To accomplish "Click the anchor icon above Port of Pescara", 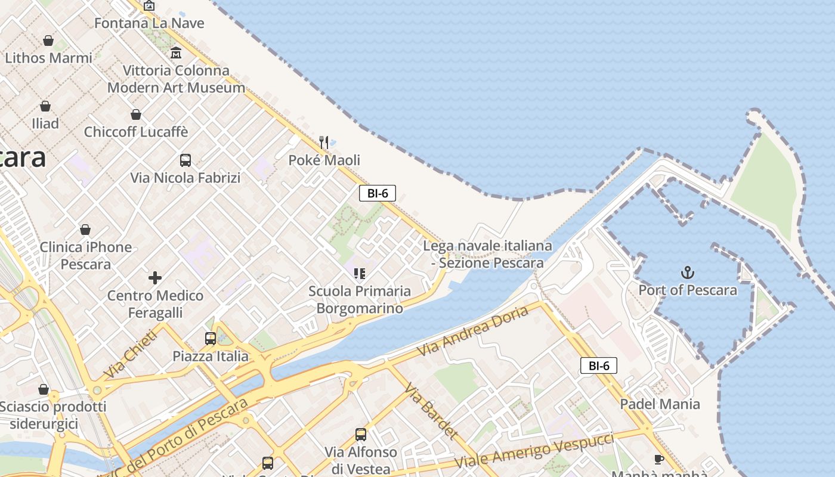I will (x=688, y=273).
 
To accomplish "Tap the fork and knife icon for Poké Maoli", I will (x=324, y=142).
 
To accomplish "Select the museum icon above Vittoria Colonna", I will (x=176, y=53).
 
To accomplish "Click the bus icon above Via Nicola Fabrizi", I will (x=185, y=160).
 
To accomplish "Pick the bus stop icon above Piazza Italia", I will (x=211, y=339).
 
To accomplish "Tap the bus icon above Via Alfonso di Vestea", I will (x=361, y=435).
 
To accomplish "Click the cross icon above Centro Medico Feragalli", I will (x=155, y=278).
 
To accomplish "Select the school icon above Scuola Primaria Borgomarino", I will (x=359, y=274).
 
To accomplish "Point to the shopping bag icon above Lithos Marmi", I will (x=48, y=41).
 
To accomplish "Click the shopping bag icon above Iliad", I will (x=45, y=107).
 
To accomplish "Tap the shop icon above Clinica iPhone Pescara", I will (x=85, y=230).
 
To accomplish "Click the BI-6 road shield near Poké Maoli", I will (x=378, y=193).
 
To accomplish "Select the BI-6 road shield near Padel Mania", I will (x=599, y=366).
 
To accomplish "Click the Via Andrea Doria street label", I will (x=473, y=331).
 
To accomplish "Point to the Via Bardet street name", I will (x=431, y=411).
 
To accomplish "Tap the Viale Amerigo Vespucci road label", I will (x=534, y=450).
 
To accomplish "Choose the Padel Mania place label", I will (x=660, y=404).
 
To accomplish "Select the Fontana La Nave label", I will (x=149, y=23).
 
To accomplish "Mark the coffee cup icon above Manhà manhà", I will (x=658, y=459).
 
